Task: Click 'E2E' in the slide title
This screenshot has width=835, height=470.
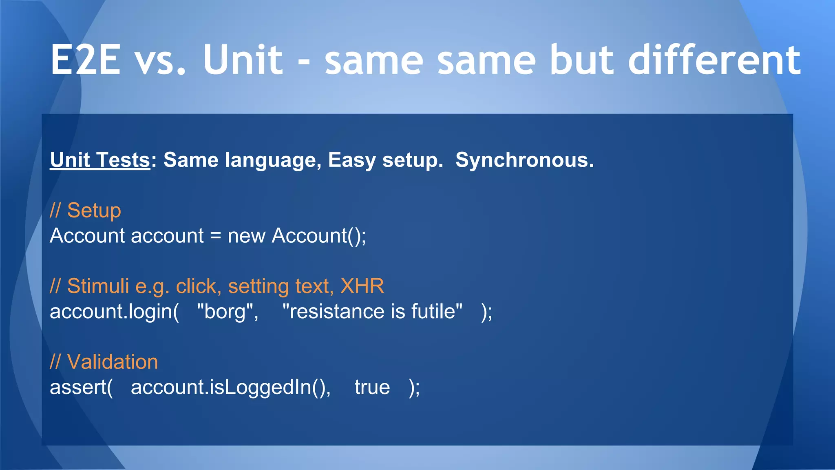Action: click(86, 60)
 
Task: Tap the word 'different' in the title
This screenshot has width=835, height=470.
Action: click(714, 60)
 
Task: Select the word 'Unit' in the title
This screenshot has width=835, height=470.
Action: click(242, 60)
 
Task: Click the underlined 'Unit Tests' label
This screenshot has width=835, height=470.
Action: click(100, 160)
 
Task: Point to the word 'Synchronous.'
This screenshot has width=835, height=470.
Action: click(524, 160)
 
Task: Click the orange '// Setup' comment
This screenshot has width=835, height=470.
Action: click(85, 211)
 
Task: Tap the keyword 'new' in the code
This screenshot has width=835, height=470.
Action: click(246, 236)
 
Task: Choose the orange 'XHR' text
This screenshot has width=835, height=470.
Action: click(362, 286)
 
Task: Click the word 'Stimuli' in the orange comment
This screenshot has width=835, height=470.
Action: click(98, 286)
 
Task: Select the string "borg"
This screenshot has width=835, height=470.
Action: click(227, 312)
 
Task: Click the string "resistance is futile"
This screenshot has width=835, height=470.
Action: click(372, 312)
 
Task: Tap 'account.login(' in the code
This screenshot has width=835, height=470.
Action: click(114, 312)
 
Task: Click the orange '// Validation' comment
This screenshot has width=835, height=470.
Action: click(104, 362)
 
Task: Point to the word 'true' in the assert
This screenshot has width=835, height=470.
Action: click(372, 387)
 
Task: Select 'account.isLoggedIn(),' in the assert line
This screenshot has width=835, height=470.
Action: click(230, 387)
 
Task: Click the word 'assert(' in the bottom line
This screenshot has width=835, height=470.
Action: click(81, 387)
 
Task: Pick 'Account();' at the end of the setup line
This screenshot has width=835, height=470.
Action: click(319, 236)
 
